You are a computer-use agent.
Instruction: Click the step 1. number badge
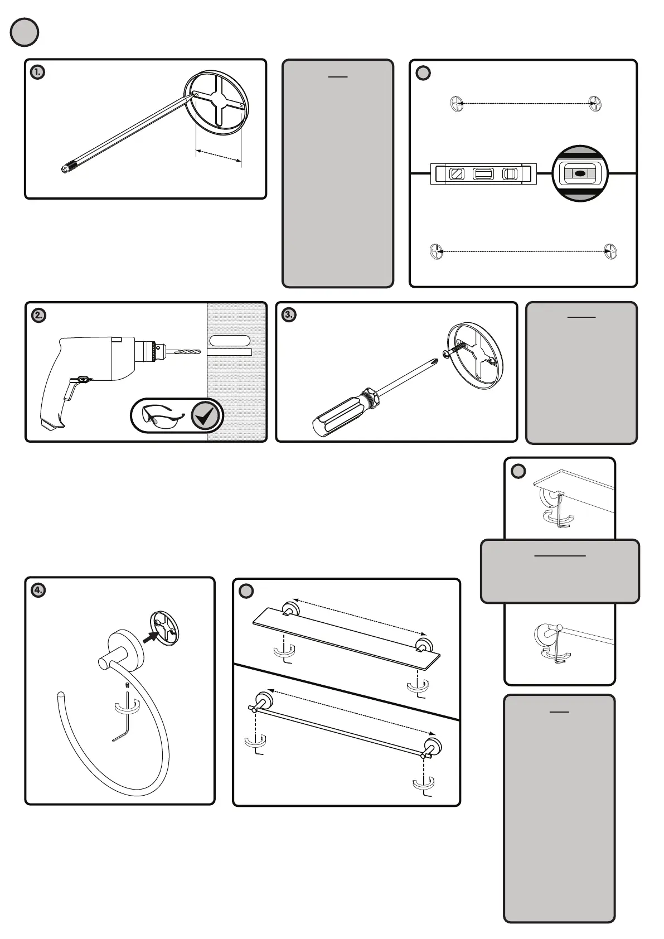pyautogui.click(x=37, y=72)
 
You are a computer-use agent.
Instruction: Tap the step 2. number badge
pyautogui.click(x=38, y=315)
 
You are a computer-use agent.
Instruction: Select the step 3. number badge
pyautogui.click(x=289, y=315)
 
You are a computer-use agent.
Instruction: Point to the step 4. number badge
pyautogui.click(x=38, y=590)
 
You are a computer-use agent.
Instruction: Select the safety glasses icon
pyautogui.click(x=162, y=415)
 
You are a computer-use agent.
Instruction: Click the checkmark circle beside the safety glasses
pyautogui.click(x=206, y=416)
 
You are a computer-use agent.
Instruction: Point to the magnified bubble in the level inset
pyautogui.click(x=580, y=173)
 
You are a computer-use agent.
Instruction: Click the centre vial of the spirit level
pyautogui.click(x=483, y=174)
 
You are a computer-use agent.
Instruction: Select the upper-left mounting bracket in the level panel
pyautogui.click(x=457, y=104)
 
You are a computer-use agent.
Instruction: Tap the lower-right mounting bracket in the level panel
pyautogui.click(x=611, y=251)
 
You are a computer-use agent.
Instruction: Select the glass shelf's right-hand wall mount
pyautogui.click(x=423, y=646)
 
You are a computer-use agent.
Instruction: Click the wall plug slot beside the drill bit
pyautogui.click(x=230, y=341)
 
